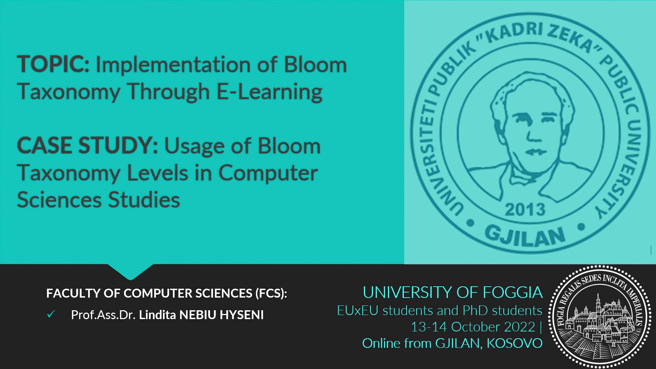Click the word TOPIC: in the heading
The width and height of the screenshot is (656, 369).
tap(53, 64)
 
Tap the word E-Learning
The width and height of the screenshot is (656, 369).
tap(270, 92)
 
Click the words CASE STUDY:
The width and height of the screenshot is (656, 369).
tap(87, 146)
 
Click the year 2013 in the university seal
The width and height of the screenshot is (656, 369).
tap(525, 209)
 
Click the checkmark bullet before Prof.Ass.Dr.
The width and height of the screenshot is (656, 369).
tap(51, 314)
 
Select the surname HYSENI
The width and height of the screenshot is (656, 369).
tap(242, 315)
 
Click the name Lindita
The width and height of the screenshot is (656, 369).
tap(158, 315)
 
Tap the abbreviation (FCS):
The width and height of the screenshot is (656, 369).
tap(271, 293)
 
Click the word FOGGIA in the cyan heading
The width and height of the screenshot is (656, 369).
tap(512, 292)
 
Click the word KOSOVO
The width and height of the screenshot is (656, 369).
tap(515, 343)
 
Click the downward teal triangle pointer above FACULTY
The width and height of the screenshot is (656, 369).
tap(130, 272)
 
